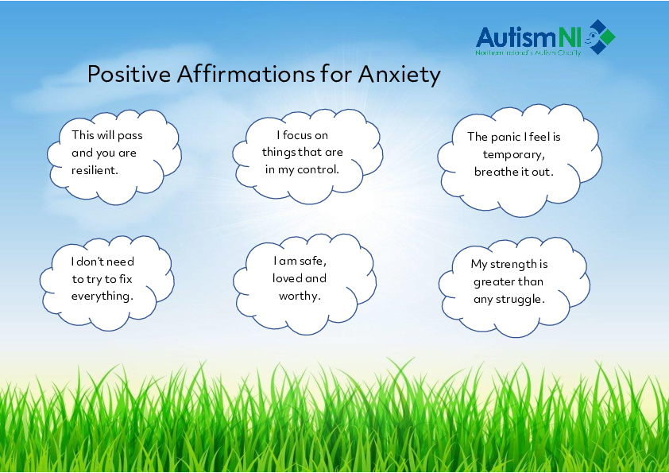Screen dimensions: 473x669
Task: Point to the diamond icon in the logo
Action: [601, 37]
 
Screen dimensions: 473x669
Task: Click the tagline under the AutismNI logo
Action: [529, 53]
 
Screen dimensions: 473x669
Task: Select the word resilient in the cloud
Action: [95, 170]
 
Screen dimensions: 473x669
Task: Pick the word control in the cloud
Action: [319, 169]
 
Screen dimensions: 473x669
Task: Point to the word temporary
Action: [513, 154]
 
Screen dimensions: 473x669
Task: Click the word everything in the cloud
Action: [102, 296]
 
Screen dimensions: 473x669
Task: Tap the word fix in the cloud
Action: [125, 279]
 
